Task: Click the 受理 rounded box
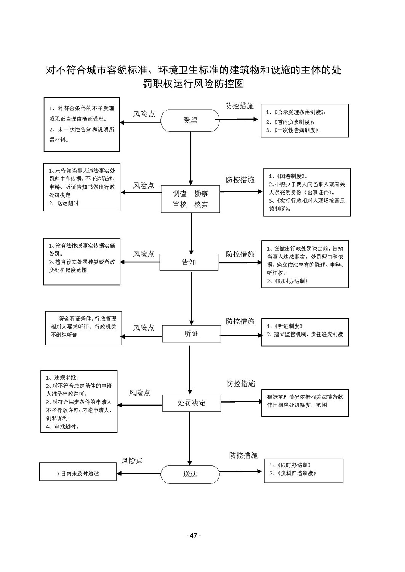[x=190, y=120]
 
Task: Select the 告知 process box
[x=189, y=262]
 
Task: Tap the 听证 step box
[x=191, y=334]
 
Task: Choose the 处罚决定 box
[x=191, y=403]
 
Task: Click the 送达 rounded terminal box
[x=190, y=474]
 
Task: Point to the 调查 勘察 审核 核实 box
[x=190, y=199]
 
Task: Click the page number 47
[x=194, y=535]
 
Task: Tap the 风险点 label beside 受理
[x=144, y=114]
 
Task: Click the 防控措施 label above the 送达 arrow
[x=243, y=455]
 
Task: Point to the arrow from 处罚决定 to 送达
[x=190, y=438]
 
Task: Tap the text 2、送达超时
[x=64, y=203]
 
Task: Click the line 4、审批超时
[x=62, y=427]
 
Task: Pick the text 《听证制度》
[x=288, y=326]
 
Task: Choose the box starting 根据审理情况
[x=305, y=403]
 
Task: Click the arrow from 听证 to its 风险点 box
[x=141, y=337]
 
